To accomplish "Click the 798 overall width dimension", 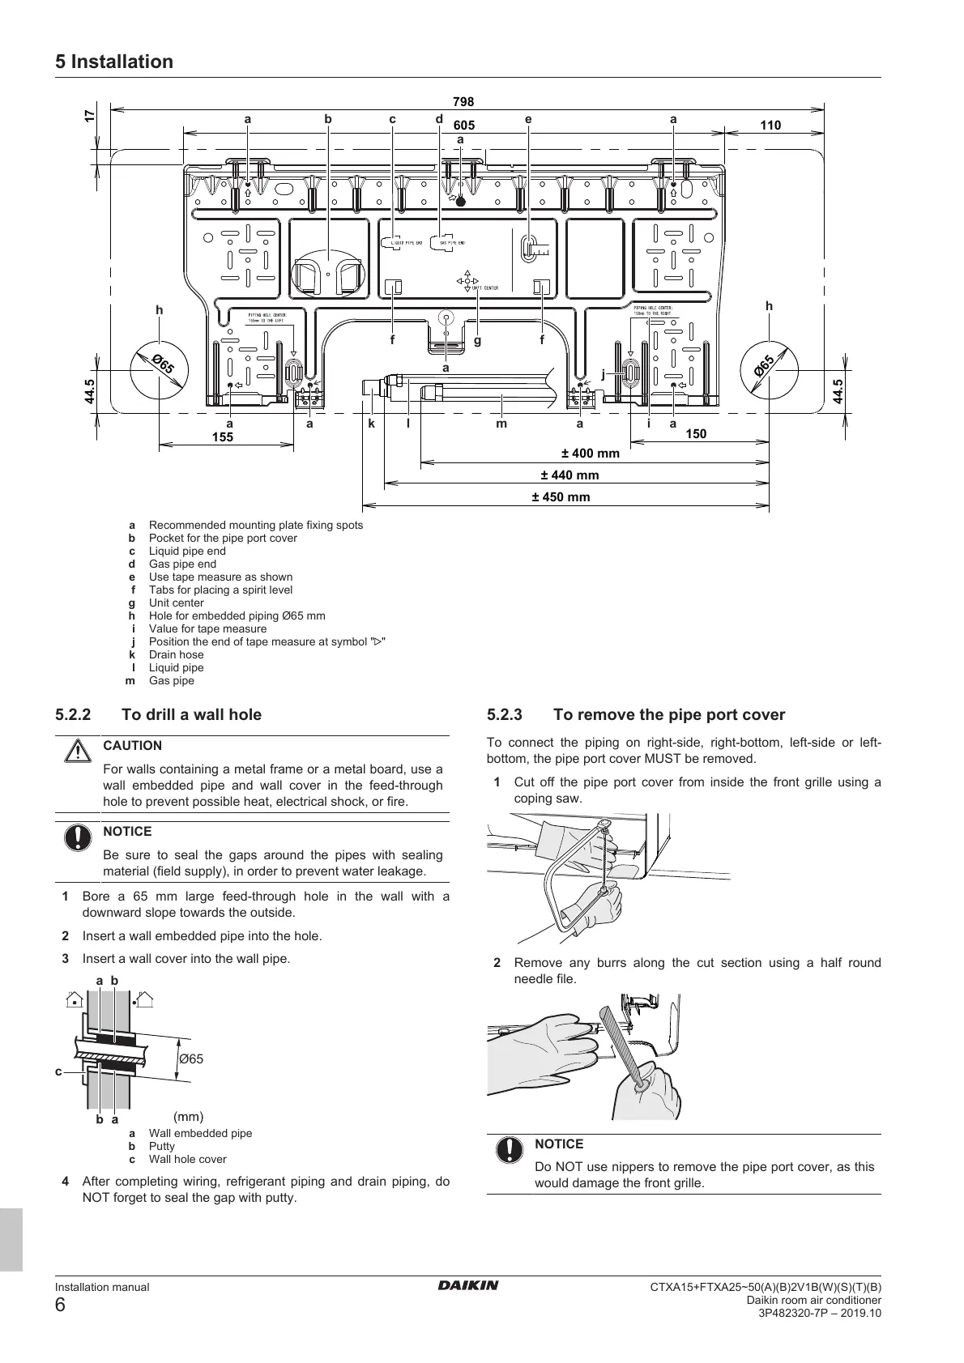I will (x=463, y=102).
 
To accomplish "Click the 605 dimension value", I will (x=464, y=126).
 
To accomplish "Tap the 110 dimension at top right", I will (x=770, y=126).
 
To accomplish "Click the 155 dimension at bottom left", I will (x=222, y=437).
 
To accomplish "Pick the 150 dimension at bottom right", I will (x=696, y=434).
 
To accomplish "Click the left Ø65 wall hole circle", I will (x=160, y=369).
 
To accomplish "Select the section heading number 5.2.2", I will (x=74, y=715).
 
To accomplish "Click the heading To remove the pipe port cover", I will (x=669, y=715).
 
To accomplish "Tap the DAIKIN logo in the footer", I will (x=469, y=1285).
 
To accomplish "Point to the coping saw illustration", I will (x=579, y=875).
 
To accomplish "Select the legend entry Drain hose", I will (x=176, y=654).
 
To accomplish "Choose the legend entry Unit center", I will (x=176, y=603).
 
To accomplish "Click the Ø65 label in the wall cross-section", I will (x=191, y=1058).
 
